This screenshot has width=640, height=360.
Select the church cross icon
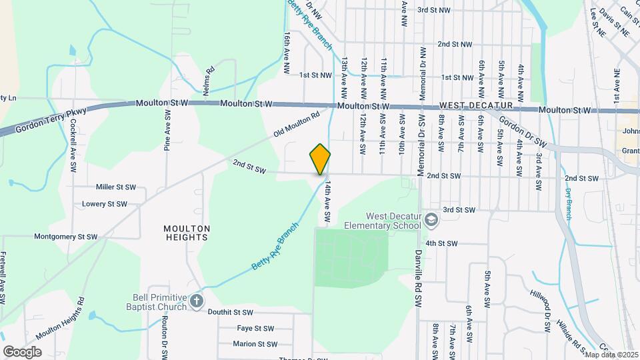(x=196, y=301)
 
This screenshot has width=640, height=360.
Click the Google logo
(x=22, y=351)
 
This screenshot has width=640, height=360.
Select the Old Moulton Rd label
(x=297, y=125)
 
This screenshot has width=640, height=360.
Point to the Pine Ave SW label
(x=167, y=129)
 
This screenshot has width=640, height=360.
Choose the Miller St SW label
(x=116, y=187)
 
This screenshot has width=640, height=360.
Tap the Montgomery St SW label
(x=66, y=237)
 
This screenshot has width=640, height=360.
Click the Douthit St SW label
(x=230, y=312)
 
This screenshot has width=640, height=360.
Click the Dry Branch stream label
(x=568, y=203)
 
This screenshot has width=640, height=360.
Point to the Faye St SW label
(x=255, y=328)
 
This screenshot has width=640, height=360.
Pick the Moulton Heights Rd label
(x=61, y=324)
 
